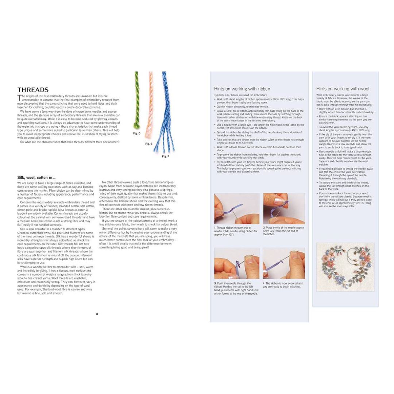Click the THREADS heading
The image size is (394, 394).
coord(33,89)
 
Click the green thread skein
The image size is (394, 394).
coord(137,102)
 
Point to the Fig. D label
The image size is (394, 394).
coord(136,134)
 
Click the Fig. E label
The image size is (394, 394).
coord(148,144)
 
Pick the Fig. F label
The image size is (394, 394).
coord(165,157)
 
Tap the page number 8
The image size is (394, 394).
coord(97,313)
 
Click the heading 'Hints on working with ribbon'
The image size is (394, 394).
coord(242,89)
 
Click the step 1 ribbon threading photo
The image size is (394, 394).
coord(236,208)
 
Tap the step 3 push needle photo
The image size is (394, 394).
coord(236,263)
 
